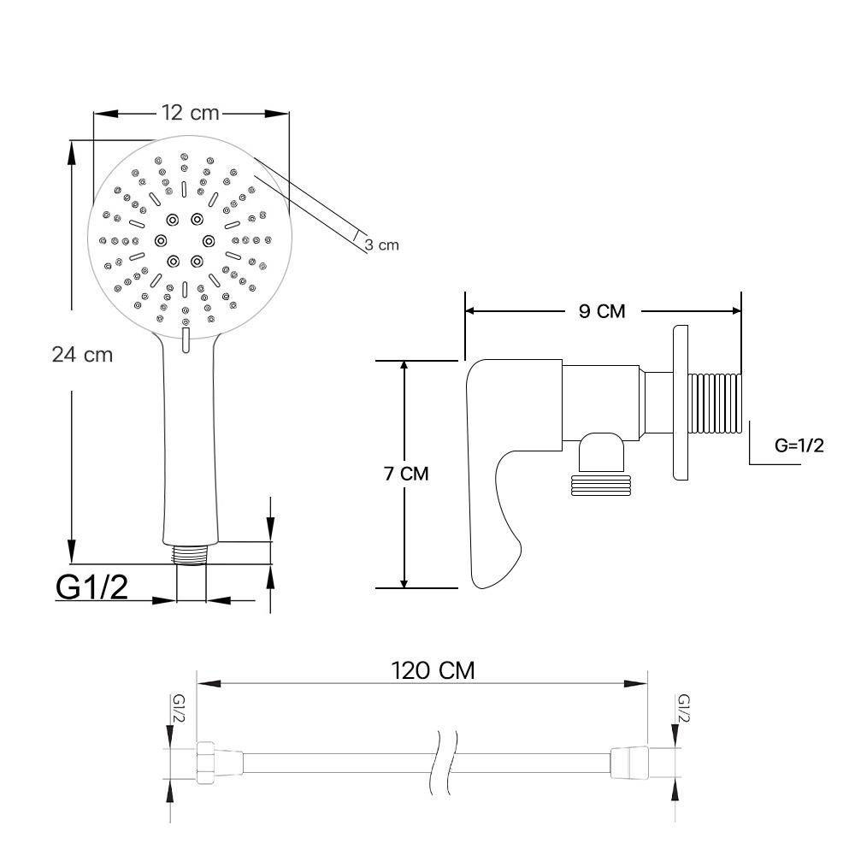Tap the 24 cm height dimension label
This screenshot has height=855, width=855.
(82, 354)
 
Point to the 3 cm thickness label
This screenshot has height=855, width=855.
(381, 245)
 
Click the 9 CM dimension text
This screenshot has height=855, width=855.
(602, 311)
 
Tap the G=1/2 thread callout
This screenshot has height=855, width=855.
(799, 445)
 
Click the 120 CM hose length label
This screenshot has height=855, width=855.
(433, 670)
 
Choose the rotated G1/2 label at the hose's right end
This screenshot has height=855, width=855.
(683, 709)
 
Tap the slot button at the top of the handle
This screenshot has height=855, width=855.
(185, 339)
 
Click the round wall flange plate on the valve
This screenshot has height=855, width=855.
(681, 402)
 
